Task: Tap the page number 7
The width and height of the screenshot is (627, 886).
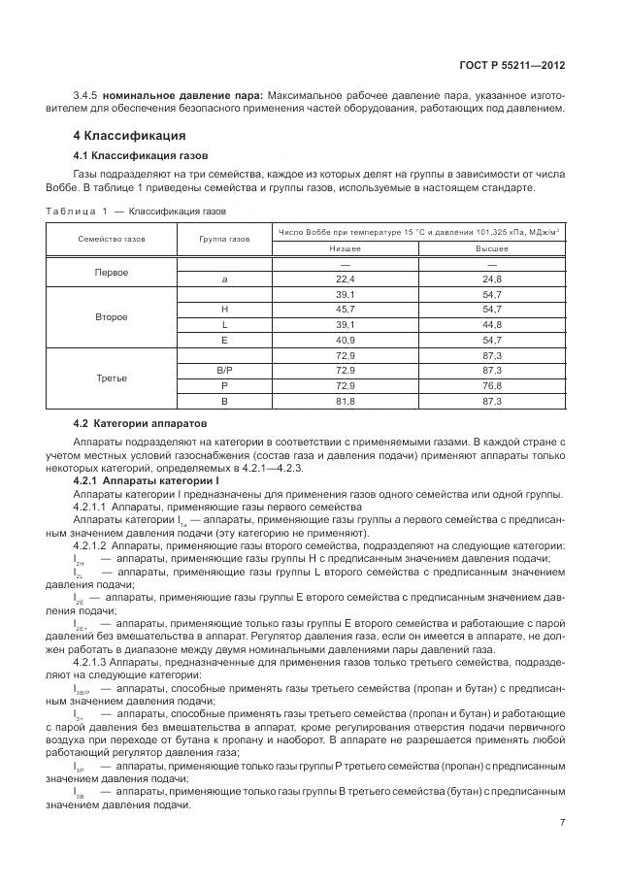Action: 562,823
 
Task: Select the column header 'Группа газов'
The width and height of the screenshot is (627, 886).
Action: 225,239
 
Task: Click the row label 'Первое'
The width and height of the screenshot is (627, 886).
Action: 111,272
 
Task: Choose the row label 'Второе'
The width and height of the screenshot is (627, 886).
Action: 111,316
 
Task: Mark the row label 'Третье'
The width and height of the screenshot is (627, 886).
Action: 111,377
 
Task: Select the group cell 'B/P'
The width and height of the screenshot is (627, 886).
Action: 225,371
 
